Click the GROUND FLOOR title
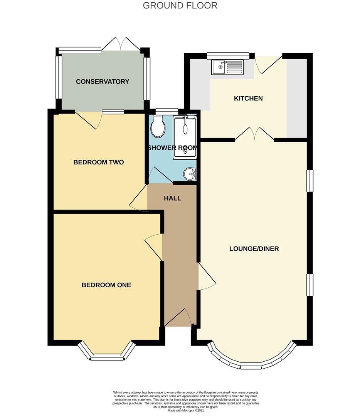point(180,6)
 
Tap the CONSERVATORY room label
point(103,82)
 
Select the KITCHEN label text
point(248,99)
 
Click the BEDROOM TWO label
point(99,162)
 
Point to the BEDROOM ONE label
point(106,285)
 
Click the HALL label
point(172,198)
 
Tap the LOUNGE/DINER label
point(254,249)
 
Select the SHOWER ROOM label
point(172,148)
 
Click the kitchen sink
point(227,67)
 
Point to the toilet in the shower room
point(158,126)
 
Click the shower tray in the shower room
point(185,137)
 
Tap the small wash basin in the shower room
point(190,174)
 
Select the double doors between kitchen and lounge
point(254,134)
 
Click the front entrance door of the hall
point(178,317)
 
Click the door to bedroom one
point(154,247)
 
